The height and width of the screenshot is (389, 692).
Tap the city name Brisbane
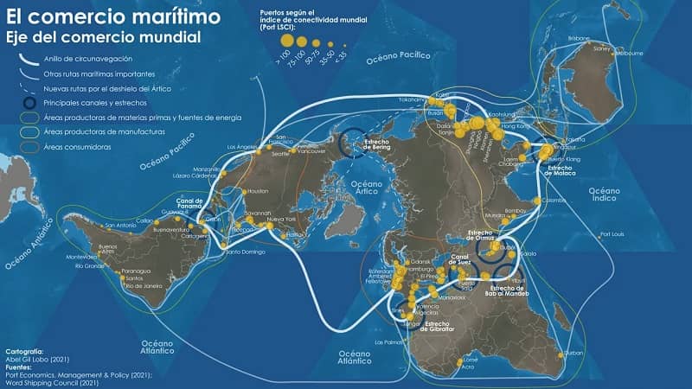click(579, 39)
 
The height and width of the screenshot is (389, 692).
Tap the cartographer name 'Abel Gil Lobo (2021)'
click(39, 359)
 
